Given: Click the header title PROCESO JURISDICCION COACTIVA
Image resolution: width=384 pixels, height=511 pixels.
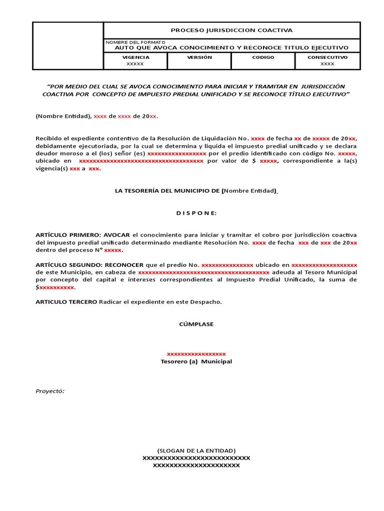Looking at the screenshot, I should (231, 30).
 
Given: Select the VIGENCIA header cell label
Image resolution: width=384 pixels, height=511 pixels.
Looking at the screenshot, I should (135, 57).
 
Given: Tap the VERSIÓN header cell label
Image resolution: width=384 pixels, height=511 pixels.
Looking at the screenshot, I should (199, 57).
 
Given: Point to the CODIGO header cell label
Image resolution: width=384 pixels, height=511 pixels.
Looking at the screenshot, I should (263, 57).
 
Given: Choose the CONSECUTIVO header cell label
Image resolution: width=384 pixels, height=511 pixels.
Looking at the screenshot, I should (327, 57).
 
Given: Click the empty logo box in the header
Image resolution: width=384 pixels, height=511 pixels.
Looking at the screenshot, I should (68, 45).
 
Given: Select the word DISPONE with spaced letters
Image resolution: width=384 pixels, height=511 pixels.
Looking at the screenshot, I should (196, 213).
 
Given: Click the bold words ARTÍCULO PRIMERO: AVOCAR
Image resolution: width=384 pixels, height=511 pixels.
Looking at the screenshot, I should (83, 235).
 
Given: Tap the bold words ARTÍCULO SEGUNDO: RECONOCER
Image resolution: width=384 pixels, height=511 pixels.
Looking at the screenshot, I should (89, 264).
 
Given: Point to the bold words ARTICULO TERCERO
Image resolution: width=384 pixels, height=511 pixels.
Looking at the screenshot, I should (66, 302).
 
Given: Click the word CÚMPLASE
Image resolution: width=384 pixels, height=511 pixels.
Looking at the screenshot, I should (196, 324).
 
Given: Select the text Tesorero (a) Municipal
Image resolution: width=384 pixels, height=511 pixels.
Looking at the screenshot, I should (196, 361).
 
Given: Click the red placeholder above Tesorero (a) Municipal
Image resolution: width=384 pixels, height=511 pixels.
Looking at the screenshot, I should (196, 354).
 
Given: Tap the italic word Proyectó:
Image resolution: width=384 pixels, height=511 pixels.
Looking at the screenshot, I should (50, 391).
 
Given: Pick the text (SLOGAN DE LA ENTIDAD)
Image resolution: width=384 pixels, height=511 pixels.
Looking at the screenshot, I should (196, 450).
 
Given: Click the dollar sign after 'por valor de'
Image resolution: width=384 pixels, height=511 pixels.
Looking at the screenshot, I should (254, 161).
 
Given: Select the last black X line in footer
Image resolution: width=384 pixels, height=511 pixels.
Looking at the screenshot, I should (196, 465).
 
